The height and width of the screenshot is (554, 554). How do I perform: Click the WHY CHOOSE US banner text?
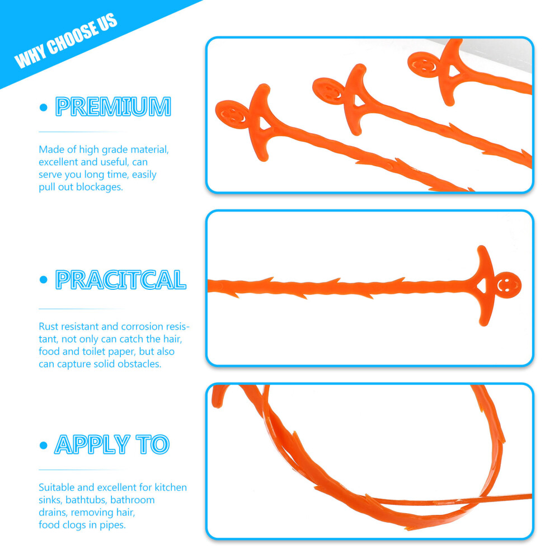click(x=66, y=40)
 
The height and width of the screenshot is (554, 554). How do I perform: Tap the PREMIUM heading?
click(x=113, y=107)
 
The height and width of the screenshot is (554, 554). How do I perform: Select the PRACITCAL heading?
click(x=120, y=280)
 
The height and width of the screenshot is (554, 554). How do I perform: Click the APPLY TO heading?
click(x=112, y=444)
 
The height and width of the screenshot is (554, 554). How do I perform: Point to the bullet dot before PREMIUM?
click(x=44, y=107)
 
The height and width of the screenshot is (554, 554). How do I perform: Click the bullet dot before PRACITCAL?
click(x=44, y=280)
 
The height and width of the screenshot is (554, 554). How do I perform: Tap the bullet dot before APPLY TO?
click(x=44, y=445)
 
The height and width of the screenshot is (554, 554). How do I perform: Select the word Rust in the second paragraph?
click(x=47, y=326)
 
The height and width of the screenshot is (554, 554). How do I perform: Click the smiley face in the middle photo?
click(x=508, y=285)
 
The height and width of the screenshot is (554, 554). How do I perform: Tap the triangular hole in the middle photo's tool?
click(x=482, y=286)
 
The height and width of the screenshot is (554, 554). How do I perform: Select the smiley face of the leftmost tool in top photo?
click(x=232, y=115)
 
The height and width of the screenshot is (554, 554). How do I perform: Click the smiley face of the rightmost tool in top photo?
click(x=423, y=65)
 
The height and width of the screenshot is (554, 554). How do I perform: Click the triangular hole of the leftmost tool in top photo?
click(x=264, y=124)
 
